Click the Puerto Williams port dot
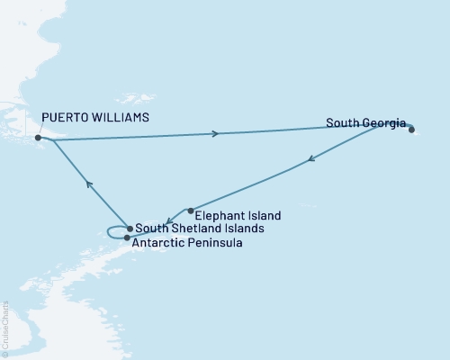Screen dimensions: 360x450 38,138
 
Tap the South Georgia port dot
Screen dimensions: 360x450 411,130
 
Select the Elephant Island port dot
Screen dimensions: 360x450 190,211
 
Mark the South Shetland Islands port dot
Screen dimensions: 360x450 130,229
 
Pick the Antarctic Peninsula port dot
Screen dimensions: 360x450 127,238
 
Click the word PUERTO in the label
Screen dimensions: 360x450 65,117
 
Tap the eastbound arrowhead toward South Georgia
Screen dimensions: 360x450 215,134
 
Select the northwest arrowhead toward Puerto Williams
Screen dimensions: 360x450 88,184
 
